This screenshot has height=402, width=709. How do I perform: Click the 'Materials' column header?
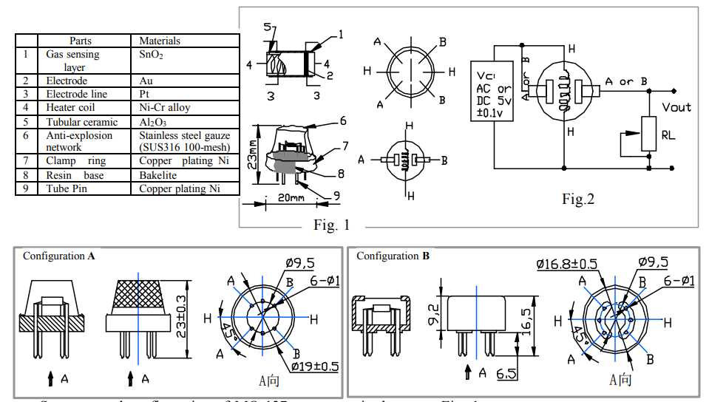tap(160, 41)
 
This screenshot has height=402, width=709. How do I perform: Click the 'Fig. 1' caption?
tap(331, 225)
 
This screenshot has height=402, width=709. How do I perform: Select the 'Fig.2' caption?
tap(578, 198)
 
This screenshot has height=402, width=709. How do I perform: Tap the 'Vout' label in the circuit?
tap(676, 107)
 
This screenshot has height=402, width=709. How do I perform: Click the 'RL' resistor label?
tap(668, 135)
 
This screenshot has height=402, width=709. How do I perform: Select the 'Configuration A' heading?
tap(58, 256)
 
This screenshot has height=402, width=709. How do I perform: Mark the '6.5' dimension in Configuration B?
tap(506, 375)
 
